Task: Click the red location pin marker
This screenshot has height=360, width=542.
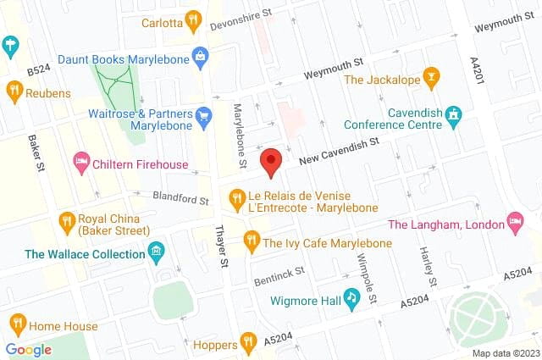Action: point(271,161)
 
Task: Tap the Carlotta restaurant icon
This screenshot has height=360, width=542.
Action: point(194,20)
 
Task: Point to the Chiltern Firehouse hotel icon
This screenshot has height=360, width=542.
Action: point(82,160)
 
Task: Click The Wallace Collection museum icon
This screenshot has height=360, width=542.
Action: point(156,252)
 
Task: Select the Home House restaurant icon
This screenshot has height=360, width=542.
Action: point(17,324)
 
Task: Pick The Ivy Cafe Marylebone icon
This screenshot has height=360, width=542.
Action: point(251,241)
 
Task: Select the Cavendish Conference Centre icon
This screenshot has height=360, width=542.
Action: point(454,114)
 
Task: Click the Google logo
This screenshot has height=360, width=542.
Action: point(28,349)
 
